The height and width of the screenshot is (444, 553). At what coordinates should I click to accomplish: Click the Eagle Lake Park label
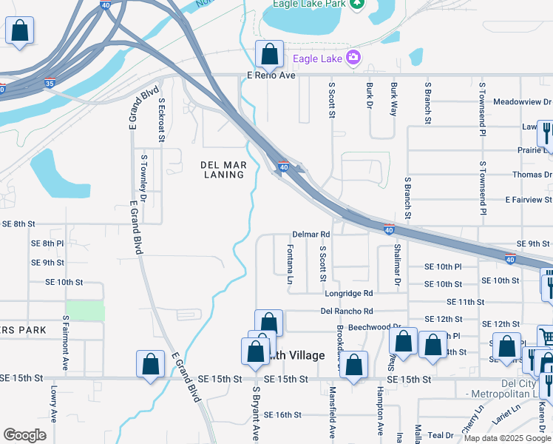pos(309,4)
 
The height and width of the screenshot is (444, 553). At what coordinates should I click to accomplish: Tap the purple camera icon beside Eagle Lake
pos(354,57)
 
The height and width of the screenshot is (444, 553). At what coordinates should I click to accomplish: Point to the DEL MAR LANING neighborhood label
pos(223,169)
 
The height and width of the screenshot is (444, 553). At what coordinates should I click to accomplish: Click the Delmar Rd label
pos(311,234)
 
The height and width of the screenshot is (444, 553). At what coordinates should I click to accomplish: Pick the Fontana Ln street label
pos(290,265)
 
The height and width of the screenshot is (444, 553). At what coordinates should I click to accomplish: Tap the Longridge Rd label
pos(349,294)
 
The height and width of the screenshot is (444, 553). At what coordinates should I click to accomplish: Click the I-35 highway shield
pos(49,84)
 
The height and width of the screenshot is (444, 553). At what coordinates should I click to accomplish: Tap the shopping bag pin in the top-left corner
pos(19,32)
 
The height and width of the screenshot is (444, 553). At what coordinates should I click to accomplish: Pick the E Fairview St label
pos(528,200)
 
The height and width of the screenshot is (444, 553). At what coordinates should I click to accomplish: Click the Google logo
pos(24,435)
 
